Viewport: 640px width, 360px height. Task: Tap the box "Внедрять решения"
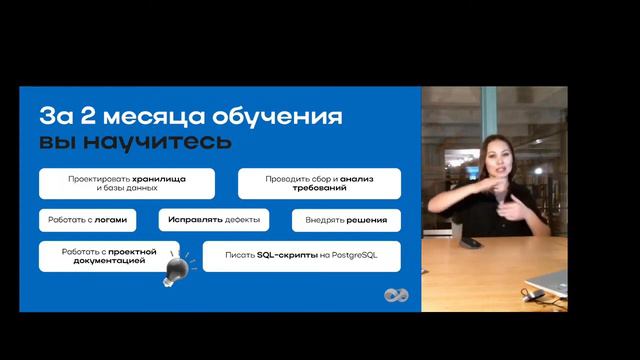click(346, 219)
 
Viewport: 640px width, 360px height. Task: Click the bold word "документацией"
click(108, 261)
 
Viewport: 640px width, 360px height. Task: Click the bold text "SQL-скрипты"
click(287, 256)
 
